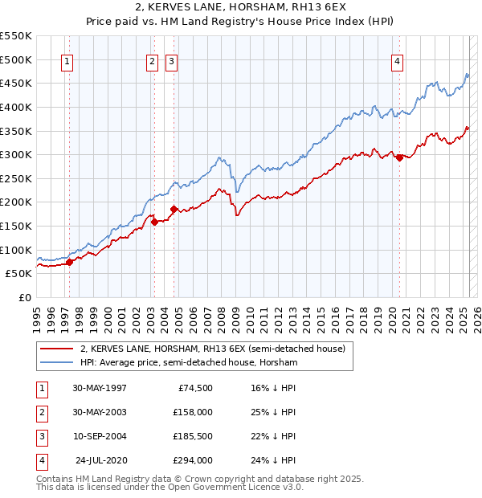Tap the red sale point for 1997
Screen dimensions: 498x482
pos(70,261)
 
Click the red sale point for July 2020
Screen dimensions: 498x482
pos(399,157)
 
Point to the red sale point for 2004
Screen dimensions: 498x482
pos(174,209)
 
